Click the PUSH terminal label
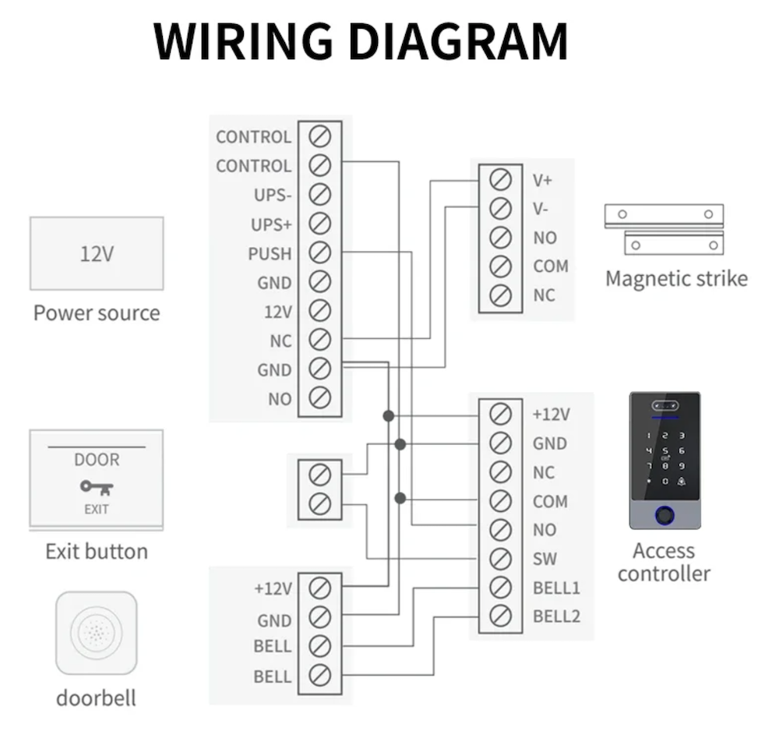(270, 253)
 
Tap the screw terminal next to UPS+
(319, 224)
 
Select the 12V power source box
(97, 254)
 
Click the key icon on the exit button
(97, 488)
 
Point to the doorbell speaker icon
(97, 633)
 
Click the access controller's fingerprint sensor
(664, 515)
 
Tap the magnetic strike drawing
(664, 228)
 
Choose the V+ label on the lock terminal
(543, 180)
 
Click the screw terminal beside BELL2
(500, 616)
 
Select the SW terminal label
(545, 559)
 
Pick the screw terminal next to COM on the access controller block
(500, 501)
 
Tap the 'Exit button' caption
(97, 552)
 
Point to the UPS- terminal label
(273, 195)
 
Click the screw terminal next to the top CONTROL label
(319, 136)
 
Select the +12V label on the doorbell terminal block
(273, 589)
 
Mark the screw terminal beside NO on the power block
(319, 398)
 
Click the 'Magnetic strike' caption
(676, 279)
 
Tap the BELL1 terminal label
(556, 587)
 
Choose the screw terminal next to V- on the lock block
(500, 209)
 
